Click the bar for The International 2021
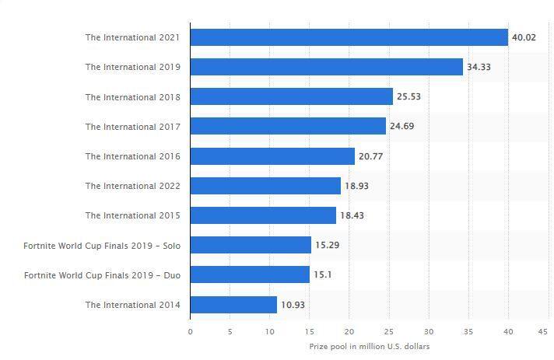point(349,37)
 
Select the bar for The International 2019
point(327,67)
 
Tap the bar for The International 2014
point(233,305)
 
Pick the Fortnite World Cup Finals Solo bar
point(251,245)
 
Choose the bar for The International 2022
point(265,186)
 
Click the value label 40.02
point(524,37)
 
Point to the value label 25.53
point(408,96)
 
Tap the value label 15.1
point(323,274)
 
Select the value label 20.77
point(370,156)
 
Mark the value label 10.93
point(293,305)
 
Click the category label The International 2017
point(133,127)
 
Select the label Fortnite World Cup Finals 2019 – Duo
point(102,275)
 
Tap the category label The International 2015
point(133,215)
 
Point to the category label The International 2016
point(133,156)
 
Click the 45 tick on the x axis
point(542,332)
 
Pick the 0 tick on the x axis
point(191,332)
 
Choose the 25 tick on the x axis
point(388,332)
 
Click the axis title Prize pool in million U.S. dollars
point(370,347)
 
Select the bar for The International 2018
point(292,96)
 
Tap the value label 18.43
point(352,215)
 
